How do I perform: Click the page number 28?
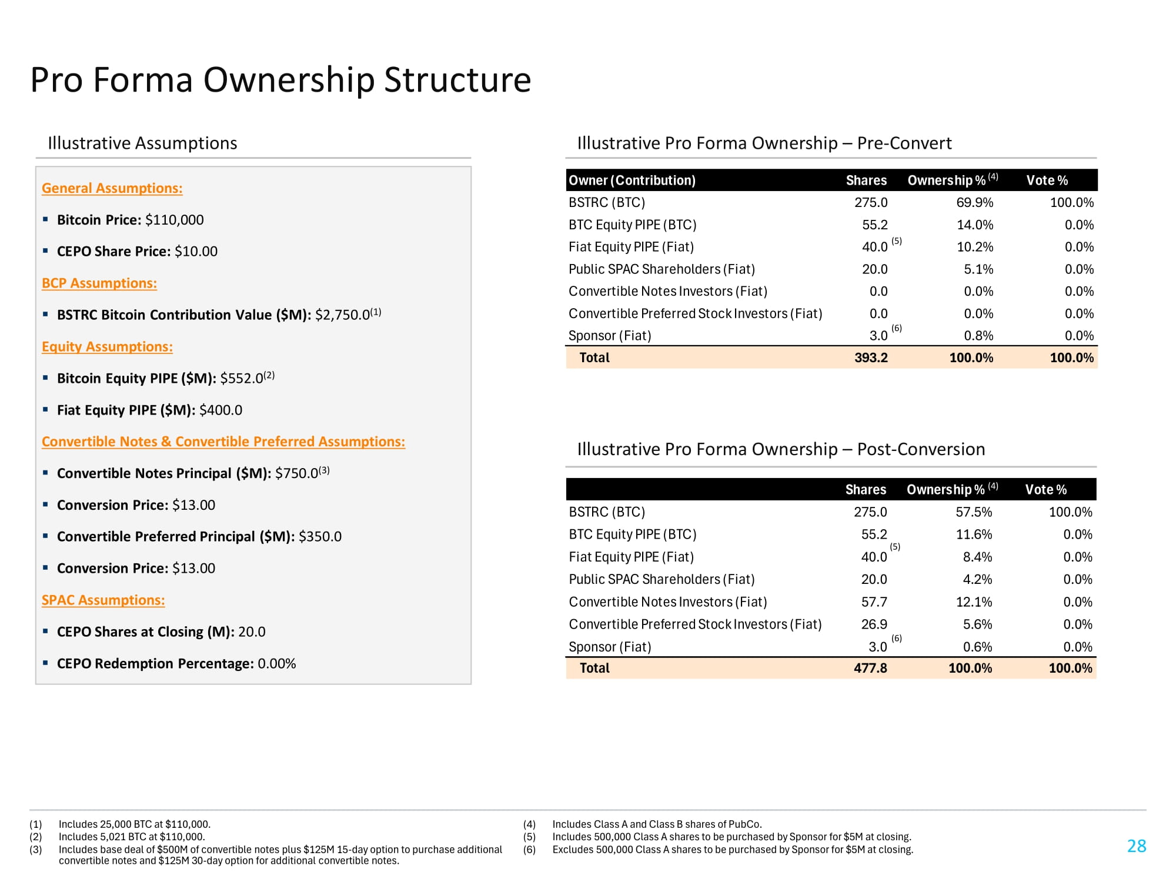tap(1136, 846)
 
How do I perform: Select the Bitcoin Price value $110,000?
tap(174, 220)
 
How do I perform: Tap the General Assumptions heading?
tap(112, 188)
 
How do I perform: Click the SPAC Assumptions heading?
tap(103, 600)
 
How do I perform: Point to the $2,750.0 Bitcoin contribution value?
tap(342, 315)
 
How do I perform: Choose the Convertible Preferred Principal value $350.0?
tap(320, 536)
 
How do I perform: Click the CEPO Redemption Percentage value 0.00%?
tap(276, 663)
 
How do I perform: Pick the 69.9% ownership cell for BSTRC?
tap(974, 202)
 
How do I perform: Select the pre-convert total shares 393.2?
tap(871, 358)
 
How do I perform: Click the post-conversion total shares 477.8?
tap(870, 668)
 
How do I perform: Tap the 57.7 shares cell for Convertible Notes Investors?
tap(874, 602)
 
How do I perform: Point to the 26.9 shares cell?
tap(874, 624)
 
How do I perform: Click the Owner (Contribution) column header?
tap(632, 180)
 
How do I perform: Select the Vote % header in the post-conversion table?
tap(1045, 489)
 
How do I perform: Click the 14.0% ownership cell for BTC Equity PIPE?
tap(974, 225)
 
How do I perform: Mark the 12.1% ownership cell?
tap(977, 602)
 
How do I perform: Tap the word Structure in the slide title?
tap(457, 80)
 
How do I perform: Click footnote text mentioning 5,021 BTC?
tap(132, 837)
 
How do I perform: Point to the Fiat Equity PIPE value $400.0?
tap(220, 410)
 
